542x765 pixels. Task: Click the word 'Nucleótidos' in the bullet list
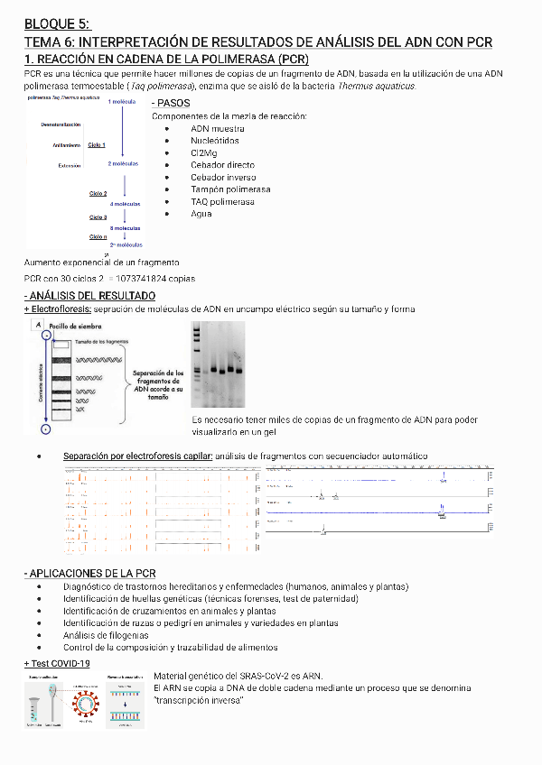[x=215, y=141]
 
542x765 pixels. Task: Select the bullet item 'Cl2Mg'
[x=204, y=153]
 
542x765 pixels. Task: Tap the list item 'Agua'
[x=201, y=214]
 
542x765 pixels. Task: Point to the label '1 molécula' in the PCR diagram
[x=121, y=103]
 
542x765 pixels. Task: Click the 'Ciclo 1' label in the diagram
[x=97, y=145]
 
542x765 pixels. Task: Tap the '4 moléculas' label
[x=125, y=205]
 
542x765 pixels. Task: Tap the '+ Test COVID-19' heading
[x=57, y=663]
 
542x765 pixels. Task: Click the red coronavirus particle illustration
[x=87, y=700]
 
